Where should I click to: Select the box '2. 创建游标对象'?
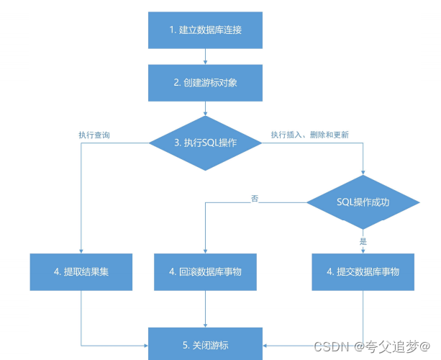pyautogui.click(x=206, y=83)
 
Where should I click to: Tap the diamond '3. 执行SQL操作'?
pyautogui.click(x=206, y=143)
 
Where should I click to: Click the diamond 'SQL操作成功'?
pyautogui.click(x=363, y=202)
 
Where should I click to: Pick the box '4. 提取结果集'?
pyautogui.click(x=81, y=272)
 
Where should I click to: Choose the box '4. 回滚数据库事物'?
pyautogui.click(x=206, y=272)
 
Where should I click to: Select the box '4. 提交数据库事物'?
pyautogui.click(x=363, y=272)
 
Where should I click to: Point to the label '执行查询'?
pyautogui.click(x=94, y=135)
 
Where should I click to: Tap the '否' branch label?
pyautogui.click(x=254, y=197)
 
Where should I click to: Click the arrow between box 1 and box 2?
pyautogui.click(x=206, y=56)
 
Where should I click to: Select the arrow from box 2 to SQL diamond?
pyautogui.click(x=206, y=109)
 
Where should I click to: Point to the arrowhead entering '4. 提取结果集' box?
pyautogui.click(x=81, y=251)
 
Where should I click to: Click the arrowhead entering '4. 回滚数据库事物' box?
pyautogui.click(x=206, y=251)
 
